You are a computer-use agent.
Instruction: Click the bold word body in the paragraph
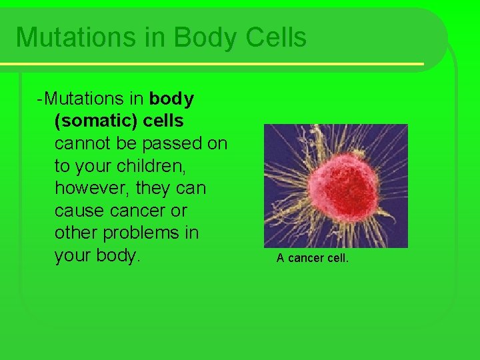coord(172,99)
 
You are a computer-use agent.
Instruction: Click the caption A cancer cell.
coord(312,258)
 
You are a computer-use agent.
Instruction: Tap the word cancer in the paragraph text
coord(139,211)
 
